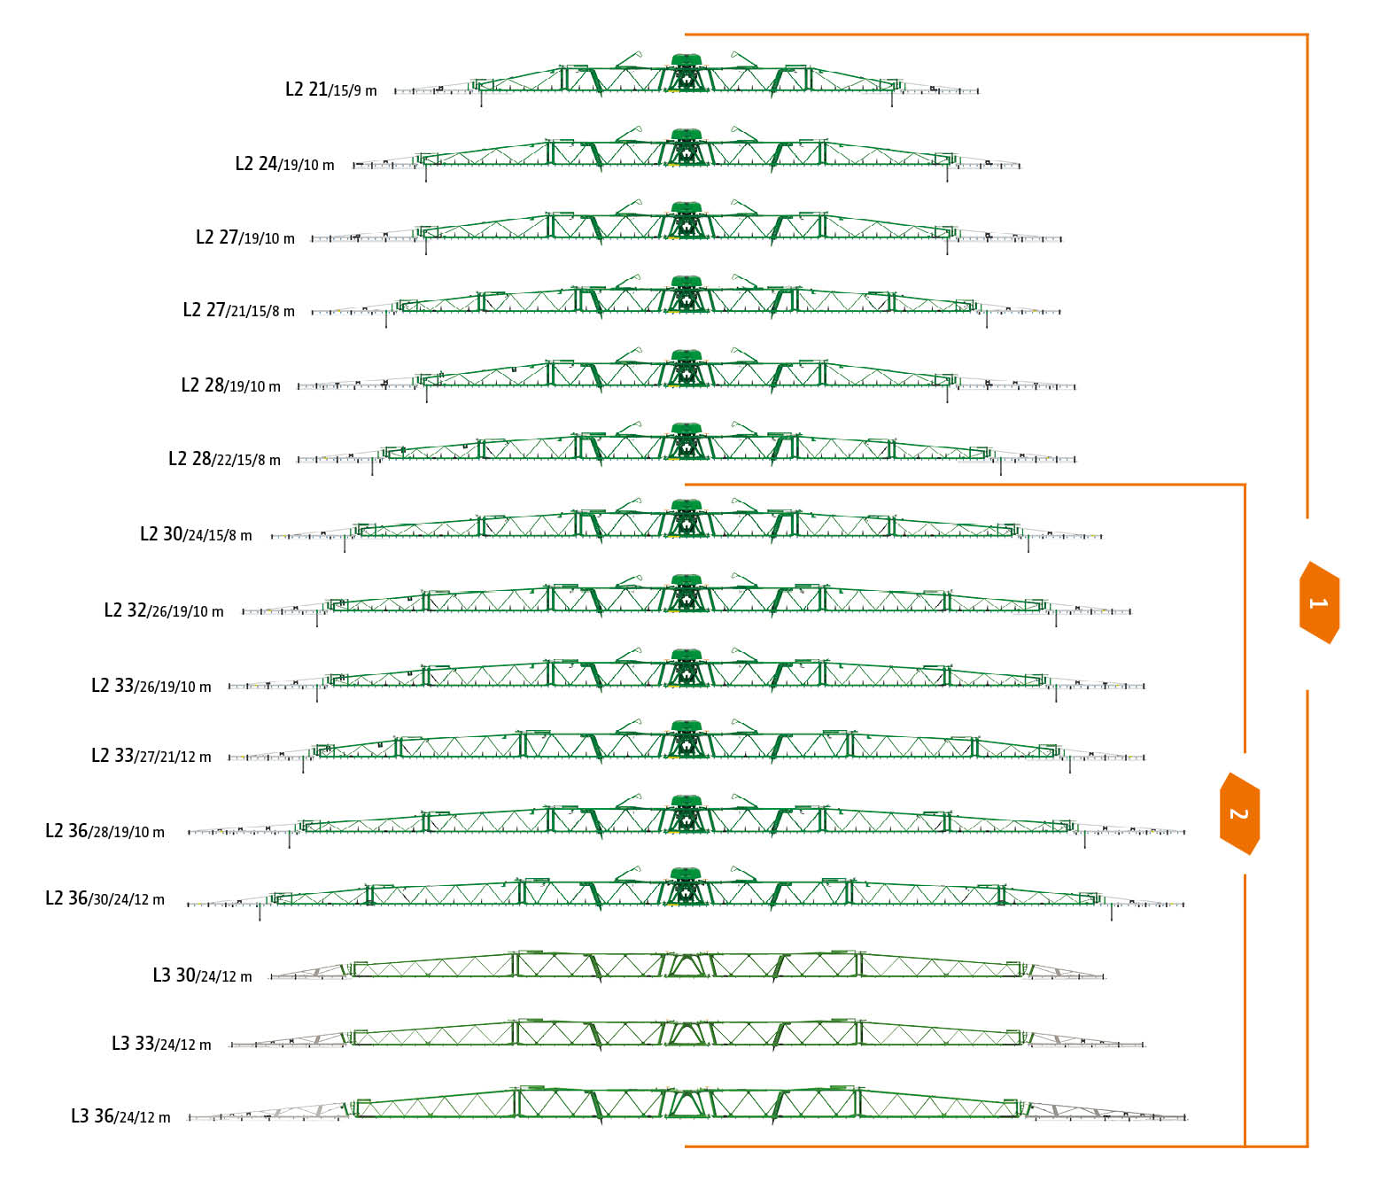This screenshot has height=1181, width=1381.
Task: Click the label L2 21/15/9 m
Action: pyautogui.click(x=330, y=89)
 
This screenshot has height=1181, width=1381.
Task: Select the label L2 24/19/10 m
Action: pyautogui.click(x=284, y=164)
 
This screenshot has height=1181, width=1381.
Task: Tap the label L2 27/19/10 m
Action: pyautogui.click(x=244, y=237)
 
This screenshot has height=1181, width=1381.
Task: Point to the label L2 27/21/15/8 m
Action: pyautogui.click(x=238, y=310)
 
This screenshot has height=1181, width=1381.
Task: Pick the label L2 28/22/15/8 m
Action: pyautogui.click(x=224, y=459)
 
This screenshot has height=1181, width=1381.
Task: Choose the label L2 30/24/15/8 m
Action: pyautogui.click(x=196, y=534)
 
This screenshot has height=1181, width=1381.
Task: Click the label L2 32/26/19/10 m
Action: pyautogui.click(x=164, y=610)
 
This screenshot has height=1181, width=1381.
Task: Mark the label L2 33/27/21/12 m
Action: pyautogui.click(x=151, y=756)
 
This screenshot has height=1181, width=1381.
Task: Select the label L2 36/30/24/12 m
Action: pyautogui.click(x=105, y=898)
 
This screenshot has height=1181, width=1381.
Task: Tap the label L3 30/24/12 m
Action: pyautogui.click(x=202, y=975)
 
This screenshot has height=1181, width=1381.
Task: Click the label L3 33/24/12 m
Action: pyautogui.click(x=161, y=1044)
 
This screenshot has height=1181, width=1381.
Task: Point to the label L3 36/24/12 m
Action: pyautogui.click(x=120, y=1116)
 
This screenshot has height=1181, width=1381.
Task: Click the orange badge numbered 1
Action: pyautogui.click(x=1319, y=602)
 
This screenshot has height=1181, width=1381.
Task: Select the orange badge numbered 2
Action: pyautogui.click(x=1239, y=813)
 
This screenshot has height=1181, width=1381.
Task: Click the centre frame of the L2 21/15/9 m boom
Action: pyautogui.click(x=687, y=74)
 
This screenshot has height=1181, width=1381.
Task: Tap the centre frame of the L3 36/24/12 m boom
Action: pyautogui.click(x=687, y=1104)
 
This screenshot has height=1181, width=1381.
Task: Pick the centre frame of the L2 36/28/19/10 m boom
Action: pyautogui.click(x=687, y=815)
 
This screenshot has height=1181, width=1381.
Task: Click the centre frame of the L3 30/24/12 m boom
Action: pyautogui.click(x=687, y=964)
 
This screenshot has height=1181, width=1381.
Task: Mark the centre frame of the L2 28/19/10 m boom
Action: pyautogui.click(x=687, y=369)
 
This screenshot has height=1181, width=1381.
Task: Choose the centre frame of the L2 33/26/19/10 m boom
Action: pyautogui.click(x=687, y=669)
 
